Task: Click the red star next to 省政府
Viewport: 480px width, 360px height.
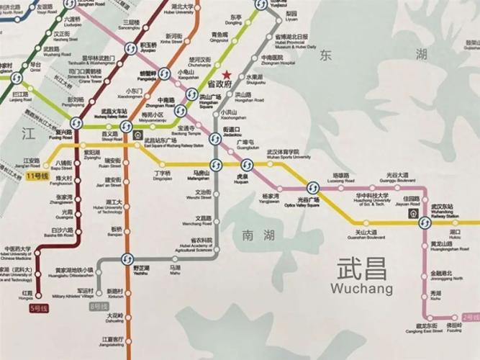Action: pyautogui.click(x=227, y=75)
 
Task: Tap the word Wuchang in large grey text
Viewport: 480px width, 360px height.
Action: pyautogui.click(x=361, y=289)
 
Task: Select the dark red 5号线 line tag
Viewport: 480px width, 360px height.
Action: pyautogui.click(x=37, y=308)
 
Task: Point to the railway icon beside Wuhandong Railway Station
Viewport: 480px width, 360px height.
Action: pyautogui.click(x=413, y=213)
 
